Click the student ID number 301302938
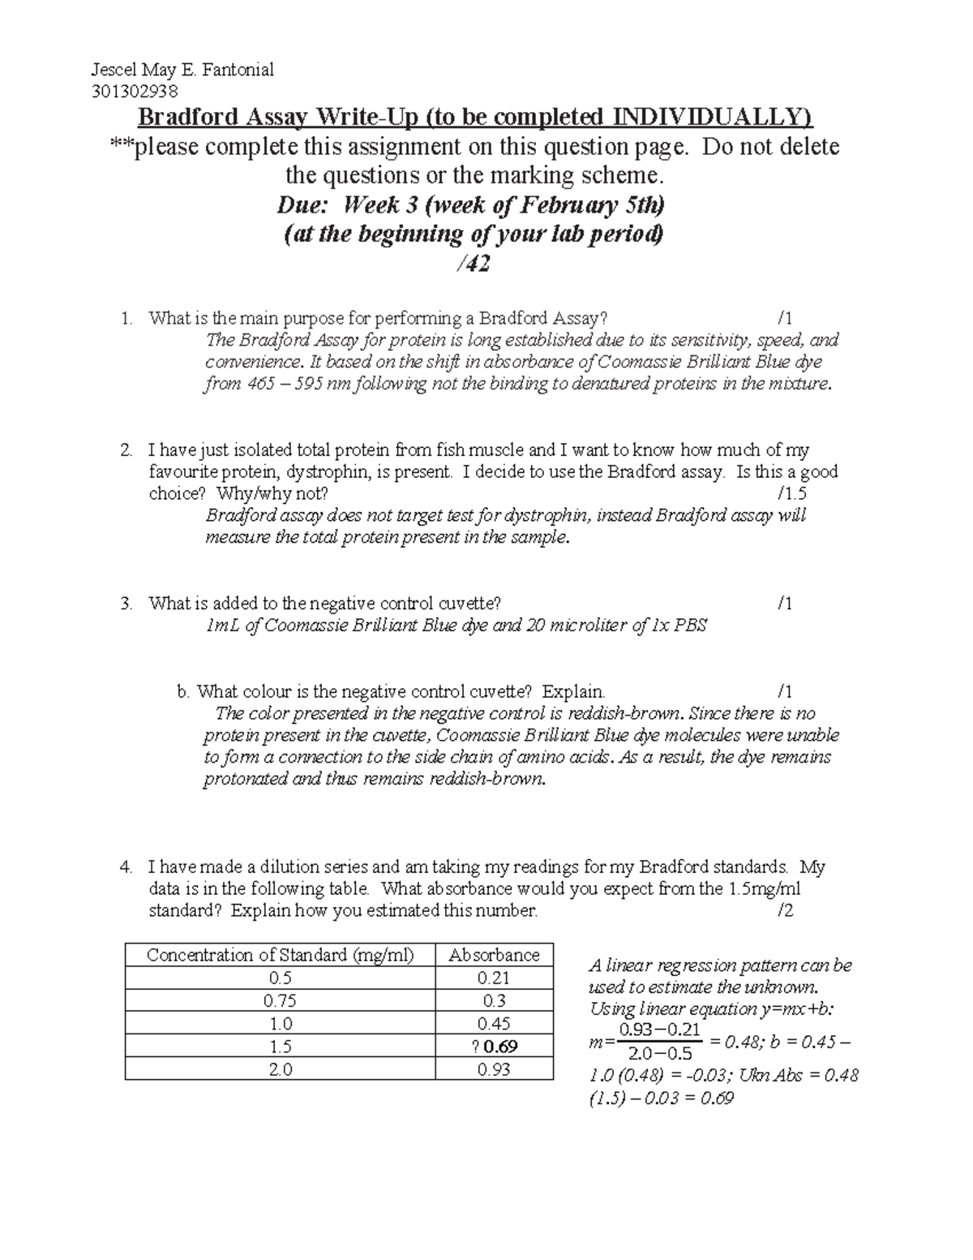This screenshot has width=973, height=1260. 134,91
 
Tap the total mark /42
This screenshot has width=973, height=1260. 476,264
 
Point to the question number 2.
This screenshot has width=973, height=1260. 126,450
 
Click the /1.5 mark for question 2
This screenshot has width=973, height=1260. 791,493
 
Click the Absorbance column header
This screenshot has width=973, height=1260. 494,955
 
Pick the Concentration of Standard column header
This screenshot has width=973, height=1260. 280,955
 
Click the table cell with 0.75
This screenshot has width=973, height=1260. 280,1001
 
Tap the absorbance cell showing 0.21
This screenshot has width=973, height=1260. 494,978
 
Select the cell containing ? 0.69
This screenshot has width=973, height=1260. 494,1047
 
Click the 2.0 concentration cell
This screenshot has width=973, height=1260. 280,1069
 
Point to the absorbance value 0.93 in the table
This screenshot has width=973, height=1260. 494,1069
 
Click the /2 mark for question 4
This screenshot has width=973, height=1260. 784,910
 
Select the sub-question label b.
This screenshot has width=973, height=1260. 182,692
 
